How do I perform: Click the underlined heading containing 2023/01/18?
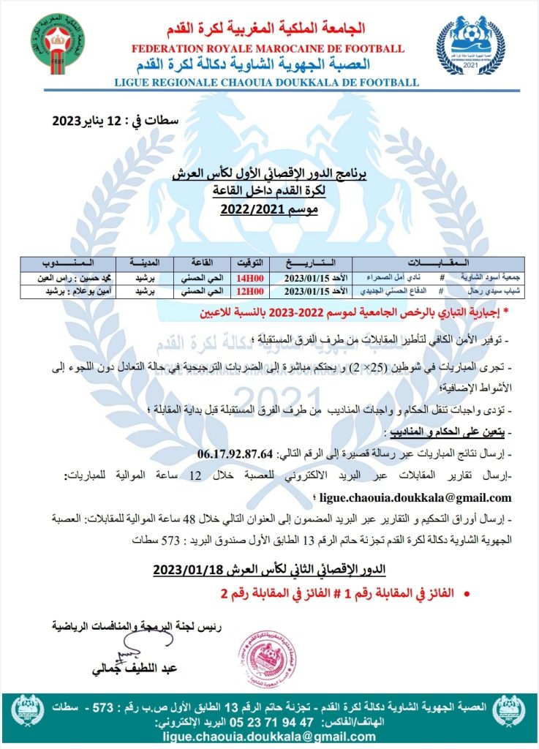click(269, 570)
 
